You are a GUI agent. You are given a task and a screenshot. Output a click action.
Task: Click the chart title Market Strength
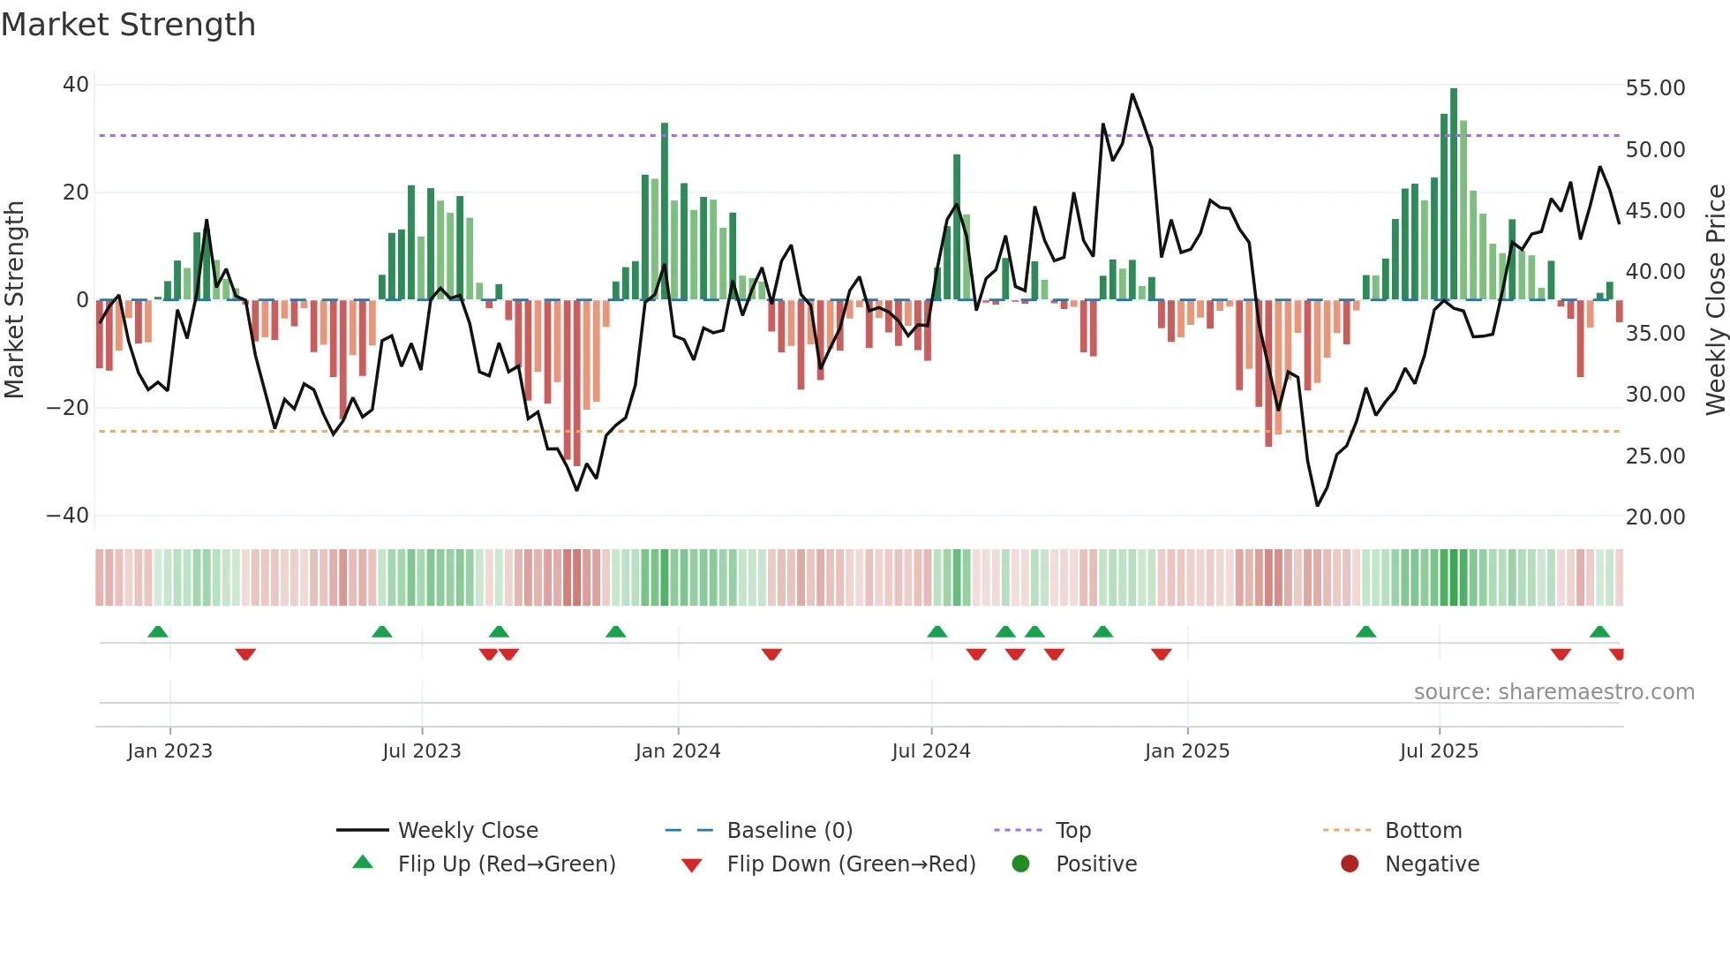click(x=128, y=25)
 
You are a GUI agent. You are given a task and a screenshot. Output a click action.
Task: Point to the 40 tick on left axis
click(x=76, y=85)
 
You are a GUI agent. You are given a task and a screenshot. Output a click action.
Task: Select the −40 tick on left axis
click(x=68, y=516)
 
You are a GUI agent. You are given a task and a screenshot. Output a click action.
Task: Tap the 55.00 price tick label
click(x=1655, y=88)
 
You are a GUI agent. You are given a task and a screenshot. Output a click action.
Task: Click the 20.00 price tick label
click(x=1655, y=517)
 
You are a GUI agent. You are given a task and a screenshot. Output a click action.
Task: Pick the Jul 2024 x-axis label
click(x=930, y=751)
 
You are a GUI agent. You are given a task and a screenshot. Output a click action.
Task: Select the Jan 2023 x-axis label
click(x=169, y=751)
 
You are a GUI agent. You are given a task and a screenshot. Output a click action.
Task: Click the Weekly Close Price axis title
click(x=1715, y=300)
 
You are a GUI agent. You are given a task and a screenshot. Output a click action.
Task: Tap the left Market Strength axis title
click(x=15, y=300)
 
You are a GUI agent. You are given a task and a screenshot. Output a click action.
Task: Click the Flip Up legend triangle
click(x=363, y=863)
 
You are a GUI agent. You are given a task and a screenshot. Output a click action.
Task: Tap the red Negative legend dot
click(x=1349, y=864)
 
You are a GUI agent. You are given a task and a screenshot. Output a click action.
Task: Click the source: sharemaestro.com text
click(x=1553, y=692)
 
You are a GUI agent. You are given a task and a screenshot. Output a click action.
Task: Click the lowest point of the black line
click(x=1317, y=505)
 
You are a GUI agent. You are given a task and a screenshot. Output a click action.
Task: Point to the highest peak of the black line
click(x=1132, y=94)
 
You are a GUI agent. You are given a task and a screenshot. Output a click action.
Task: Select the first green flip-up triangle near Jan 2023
click(x=158, y=632)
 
